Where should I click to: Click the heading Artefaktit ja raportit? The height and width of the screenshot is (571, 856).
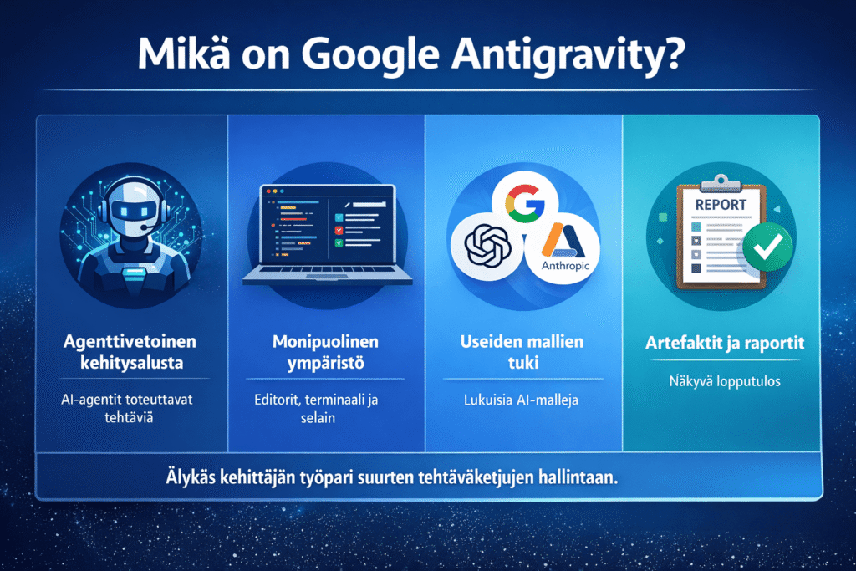pos(720,343)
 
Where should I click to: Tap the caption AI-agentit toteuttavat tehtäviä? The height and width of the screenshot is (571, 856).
pos(130,409)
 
